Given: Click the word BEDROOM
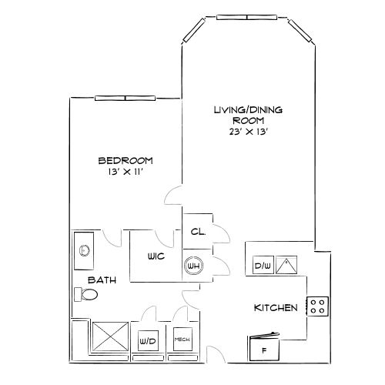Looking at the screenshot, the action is [126, 161].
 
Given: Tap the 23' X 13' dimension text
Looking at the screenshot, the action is [249, 132].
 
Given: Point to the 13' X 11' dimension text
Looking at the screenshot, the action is [125, 172].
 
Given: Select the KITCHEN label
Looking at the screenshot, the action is [276, 308].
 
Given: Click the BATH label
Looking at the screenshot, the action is [102, 280].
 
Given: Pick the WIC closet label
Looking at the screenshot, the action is [156, 256].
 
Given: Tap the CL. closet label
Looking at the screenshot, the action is [198, 232].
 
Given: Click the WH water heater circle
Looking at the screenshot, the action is [194, 266].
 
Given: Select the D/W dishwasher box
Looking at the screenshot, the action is [263, 265].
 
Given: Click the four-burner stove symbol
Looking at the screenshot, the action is [317, 306].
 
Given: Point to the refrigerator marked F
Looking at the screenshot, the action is [264, 347].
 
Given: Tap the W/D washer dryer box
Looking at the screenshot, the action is [148, 340].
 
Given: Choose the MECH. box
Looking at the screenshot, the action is [182, 340].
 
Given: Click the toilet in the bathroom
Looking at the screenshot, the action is [86, 294].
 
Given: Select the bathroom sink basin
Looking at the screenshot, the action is [84, 250].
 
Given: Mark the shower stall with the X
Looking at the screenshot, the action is [110, 336].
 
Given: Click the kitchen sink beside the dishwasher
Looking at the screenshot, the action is [286, 265].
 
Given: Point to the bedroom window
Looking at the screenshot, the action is [125, 98].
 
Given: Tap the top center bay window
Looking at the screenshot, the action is [246, 17].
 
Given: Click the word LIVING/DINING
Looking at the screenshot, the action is [249, 110].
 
